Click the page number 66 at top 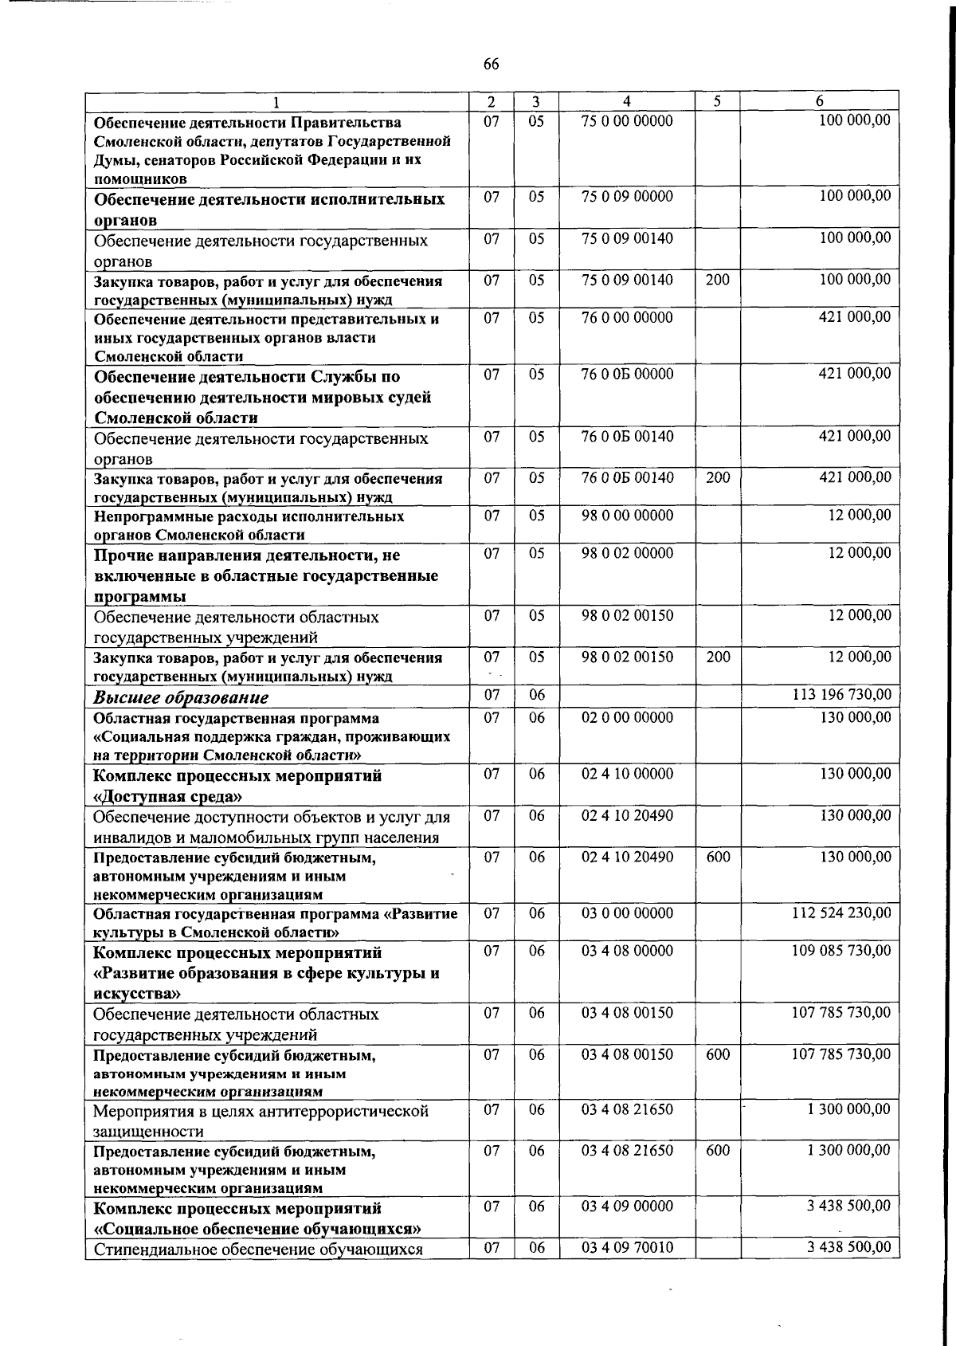[x=491, y=65]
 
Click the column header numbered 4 [x=627, y=101]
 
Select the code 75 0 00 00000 [x=627, y=121]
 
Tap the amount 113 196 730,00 [x=841, y=694]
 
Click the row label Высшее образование [x=181, y=697]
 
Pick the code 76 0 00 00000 [x=627, y=318]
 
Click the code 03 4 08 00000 [x=627, y=951]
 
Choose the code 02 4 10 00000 [x=627, y=774]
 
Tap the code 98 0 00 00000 [x=627, y=516]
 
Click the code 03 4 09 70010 [x=627, y=1246]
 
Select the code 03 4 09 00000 [x=627, y=1207]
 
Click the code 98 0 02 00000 [x=627, y=553]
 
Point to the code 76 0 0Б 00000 [x=627, y=375]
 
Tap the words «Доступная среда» [x=168, y=796]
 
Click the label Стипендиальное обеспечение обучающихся [x=257, y=1249]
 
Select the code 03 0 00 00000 [x=627, y=913]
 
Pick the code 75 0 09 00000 [x=627, y=196]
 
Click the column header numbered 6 [x=819, y=101]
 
